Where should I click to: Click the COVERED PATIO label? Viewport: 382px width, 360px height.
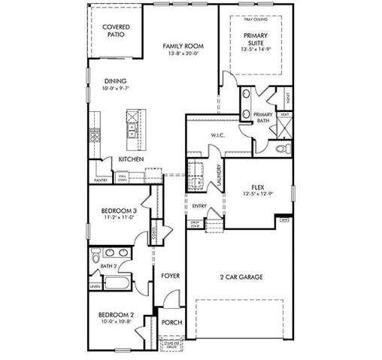tap(117, 31)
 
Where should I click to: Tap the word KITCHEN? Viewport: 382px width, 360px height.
tap(131, 159)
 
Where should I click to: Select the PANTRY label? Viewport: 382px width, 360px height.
tap(101, 180)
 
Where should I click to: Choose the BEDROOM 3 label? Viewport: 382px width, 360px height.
tap(119, 210)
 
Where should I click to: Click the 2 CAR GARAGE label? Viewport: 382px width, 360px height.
tap(241, 277)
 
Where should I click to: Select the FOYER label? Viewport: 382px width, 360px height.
tap(171, 276)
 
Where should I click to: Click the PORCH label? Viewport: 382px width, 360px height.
tap(171, 322)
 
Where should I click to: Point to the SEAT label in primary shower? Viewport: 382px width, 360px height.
tap(284, 115)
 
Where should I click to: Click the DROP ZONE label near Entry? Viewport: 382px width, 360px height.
tap(194, 224)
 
